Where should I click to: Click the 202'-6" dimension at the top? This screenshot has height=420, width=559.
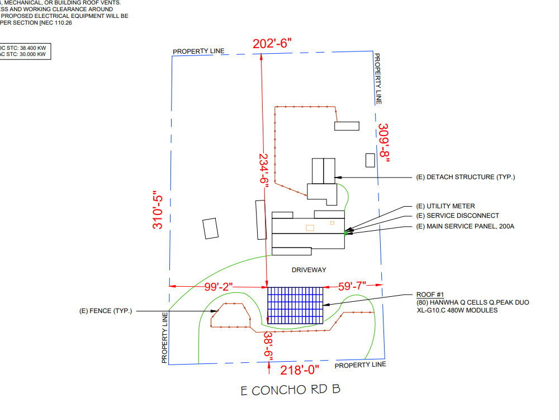coord(272,43)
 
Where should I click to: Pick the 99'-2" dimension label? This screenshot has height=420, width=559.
coord(219,286)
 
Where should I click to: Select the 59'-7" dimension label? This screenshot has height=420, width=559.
coord(352,286)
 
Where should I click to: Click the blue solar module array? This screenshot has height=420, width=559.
coord(295,306)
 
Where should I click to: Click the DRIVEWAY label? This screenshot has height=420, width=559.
coord(309,270)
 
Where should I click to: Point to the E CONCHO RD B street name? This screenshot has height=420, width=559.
coord(290,390)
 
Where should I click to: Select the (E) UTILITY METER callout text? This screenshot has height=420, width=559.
coord(446,206)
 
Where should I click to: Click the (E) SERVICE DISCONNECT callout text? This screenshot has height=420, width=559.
coord(458,216)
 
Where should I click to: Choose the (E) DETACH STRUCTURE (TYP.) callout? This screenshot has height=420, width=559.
coord(466,178)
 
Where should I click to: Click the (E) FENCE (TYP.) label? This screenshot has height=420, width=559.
coord(106,311)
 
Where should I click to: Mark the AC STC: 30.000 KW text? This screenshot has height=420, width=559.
coord(23,55)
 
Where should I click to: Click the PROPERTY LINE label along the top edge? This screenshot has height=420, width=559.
coord(198,52)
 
